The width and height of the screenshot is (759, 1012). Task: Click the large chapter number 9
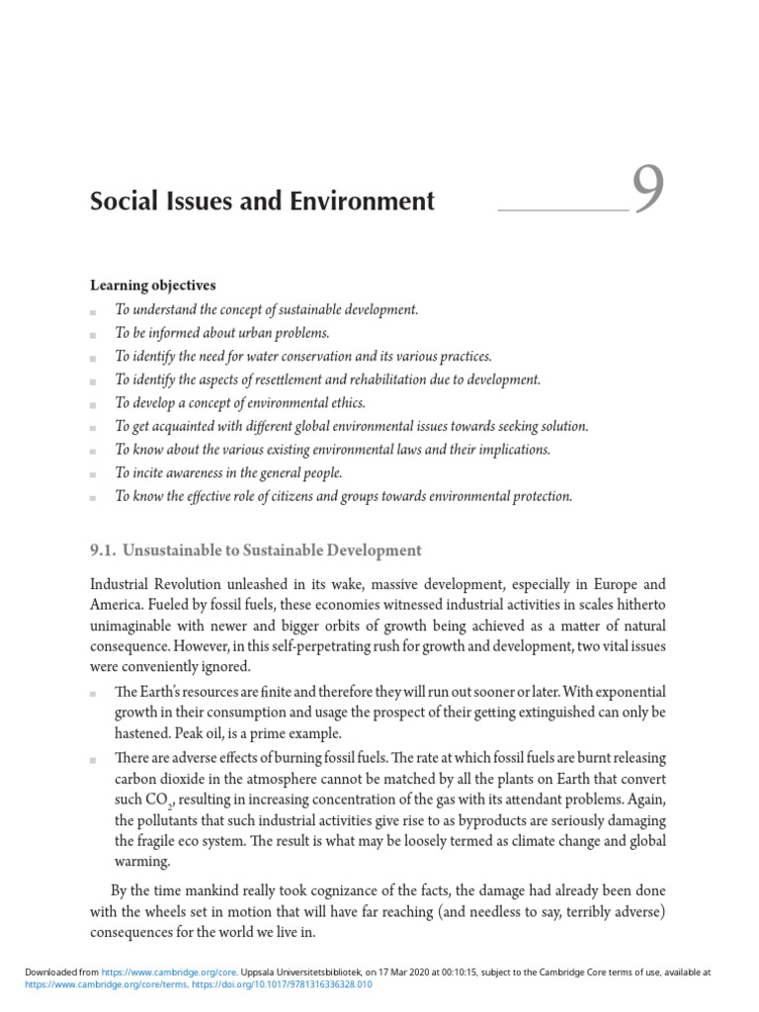point(647,192)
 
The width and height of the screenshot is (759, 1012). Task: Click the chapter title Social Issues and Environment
point(262,202)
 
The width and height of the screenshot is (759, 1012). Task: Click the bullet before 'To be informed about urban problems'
point(93,335)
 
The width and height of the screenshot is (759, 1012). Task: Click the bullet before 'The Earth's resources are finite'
point(93,692)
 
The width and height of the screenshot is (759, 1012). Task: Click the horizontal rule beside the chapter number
point(563,210)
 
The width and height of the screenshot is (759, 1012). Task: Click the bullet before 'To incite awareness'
point(93,474)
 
